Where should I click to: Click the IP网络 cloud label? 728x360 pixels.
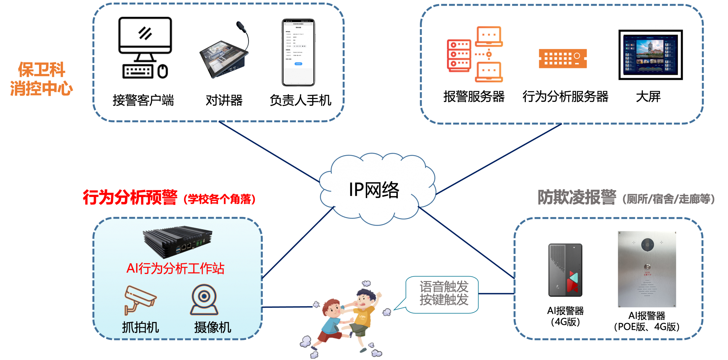[x=374, y=190]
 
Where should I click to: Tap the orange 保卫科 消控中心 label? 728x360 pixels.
[x=41, y=79]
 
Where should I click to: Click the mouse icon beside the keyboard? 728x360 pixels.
[x=162, y=71]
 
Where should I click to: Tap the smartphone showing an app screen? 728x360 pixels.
[x=298, y=52]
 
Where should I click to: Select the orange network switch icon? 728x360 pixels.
[x=563, y=59]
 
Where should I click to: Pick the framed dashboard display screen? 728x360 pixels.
[x=650, y=53]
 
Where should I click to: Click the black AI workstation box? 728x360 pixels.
[x=178, y=242]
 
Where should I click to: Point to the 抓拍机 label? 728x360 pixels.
[x=140, y=327]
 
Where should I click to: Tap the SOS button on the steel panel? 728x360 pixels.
[x=647, y=267]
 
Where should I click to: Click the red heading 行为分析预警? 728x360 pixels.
[x=130, y=197]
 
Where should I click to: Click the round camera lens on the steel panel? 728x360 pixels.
[x=647, y=245]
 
